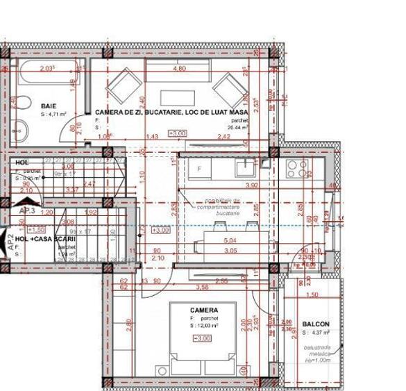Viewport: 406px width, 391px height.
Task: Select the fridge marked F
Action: pyautogui.click(x=199, y=169)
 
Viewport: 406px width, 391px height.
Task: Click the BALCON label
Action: pyautogui.click(x=315, y=324)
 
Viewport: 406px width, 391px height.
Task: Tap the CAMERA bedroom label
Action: pyautogui.click(x=204, y=310)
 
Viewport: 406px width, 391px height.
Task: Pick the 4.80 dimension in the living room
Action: pyautogui.click(x=178, y=69)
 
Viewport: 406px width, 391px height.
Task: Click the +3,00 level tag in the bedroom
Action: pyautogui.click(x=203, y=338)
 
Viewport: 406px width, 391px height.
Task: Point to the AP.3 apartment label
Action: pyautogui.click(x=27, y=210)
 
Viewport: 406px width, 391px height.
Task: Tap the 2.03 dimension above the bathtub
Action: pyautogui.click(x=47, y=68)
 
